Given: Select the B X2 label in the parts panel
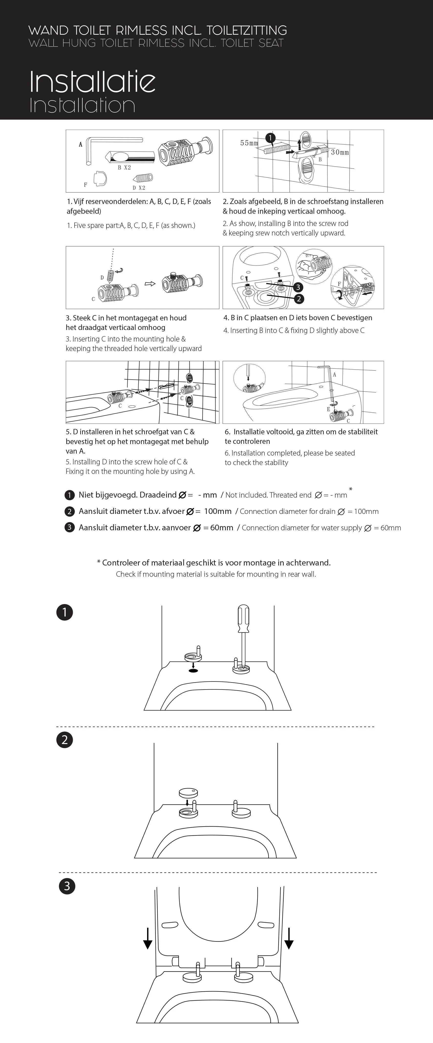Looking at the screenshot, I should click(124, 168).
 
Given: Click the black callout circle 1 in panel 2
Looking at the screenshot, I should click(270, 138).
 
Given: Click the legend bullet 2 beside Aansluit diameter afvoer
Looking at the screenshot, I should click(69, 511).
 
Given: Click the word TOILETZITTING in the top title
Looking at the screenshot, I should click(247, 30).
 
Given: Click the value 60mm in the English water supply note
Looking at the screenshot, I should click(390, 528).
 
